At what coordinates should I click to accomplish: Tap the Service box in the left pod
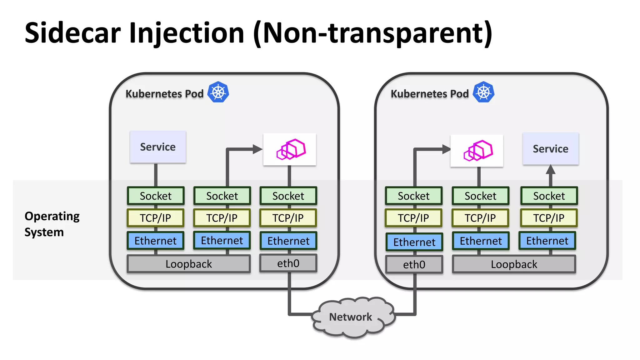click(158, 147)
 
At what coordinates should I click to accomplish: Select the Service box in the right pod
click(550, 149)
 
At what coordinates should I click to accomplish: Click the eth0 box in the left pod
click(288, 263)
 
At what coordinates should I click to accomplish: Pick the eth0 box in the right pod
click(414, 265)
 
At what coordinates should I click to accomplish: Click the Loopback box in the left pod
click(188, 264)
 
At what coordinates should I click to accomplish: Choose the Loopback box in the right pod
click(514, 264)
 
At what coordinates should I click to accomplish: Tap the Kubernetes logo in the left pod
click(218, 92)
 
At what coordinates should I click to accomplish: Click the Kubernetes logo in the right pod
click(483, 92)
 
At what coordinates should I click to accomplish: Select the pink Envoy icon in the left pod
click(291, 149)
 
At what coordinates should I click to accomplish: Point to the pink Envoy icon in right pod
click(478, 151)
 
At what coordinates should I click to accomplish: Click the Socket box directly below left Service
click(156, 196)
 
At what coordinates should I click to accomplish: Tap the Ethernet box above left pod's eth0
click(288, 241)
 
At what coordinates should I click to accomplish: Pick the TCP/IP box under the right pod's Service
click(549, 218)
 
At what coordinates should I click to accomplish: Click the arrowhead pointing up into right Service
click(550, 170)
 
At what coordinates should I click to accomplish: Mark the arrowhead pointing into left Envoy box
click(257, 149)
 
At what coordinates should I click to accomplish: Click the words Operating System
click(52, 224)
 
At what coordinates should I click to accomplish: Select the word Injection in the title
click(187, 33)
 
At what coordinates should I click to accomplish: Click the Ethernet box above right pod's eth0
click(414, 242)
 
